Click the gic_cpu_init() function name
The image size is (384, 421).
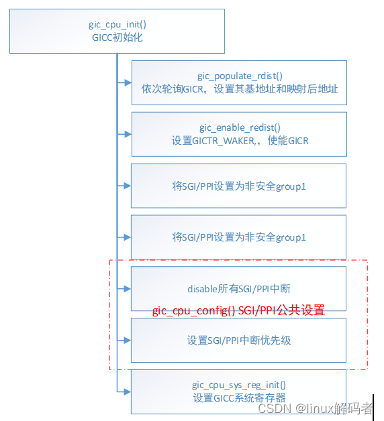pyautogui.click(x=117, y=25)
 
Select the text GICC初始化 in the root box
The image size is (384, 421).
pyautogui.click(x=117, y=38)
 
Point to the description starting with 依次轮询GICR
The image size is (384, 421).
pyautogui.click(x=239, y=88)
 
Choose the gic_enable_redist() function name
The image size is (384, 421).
pyautogui.click(x=239, y=127)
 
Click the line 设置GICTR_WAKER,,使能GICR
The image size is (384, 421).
pyautogui.click(x=239, y=140)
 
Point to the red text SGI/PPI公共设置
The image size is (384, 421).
pyautogui.click(x=281, y=310)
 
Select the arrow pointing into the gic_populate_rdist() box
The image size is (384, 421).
pyautogui.click(x=124, y=82)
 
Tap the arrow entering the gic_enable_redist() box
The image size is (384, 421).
pyautogui.click(x=124, y=134)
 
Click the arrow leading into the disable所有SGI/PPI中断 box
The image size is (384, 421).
pyautogui.click(x=124, y=288)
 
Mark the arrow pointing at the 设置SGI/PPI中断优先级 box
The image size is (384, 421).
pyautogui.click(x=124, y=340)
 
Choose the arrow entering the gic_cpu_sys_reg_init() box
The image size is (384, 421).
pyautogui.click(x=124, y=391)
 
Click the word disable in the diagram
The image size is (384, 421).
pyautogui.click(x=203, y=288)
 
